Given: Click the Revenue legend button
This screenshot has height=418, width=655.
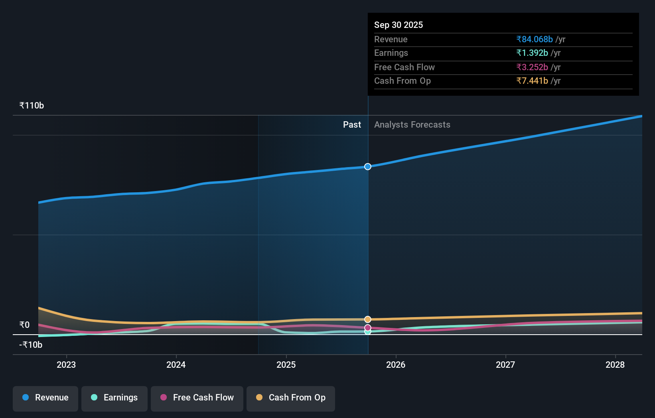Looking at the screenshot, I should (x=45, y=398).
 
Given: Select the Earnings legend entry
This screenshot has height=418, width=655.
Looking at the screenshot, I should (x=114, y=398).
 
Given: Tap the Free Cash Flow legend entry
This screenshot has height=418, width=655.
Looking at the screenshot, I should (x=197, y=398).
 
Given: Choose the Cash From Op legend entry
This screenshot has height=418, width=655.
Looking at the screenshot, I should (x=291, y=398).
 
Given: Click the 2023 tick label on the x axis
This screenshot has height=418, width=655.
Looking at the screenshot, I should (x=66, y=365).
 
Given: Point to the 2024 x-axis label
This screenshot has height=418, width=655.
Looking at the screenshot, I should (x=176, y=365).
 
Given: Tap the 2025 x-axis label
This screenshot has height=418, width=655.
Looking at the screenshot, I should (x=286, y=365).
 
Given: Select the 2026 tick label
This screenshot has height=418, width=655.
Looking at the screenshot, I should (x=396, y=365).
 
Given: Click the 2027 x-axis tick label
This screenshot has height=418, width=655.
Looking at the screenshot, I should (x=505, y=365).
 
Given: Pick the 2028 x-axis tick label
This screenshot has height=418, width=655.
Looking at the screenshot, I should (x=615, y=365).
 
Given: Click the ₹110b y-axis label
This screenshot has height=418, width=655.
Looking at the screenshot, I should (x=32, y=106).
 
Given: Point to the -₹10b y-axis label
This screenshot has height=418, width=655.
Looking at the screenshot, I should (x=31, y=345).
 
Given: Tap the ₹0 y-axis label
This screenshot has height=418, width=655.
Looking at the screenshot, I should (x=24, y=325).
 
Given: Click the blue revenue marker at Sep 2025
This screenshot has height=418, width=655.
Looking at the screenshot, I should (x=368, y=167).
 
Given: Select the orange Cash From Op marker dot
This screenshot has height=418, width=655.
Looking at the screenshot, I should (x=368, y=319).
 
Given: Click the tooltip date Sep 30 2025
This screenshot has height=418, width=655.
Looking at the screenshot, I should (x=399, y=25).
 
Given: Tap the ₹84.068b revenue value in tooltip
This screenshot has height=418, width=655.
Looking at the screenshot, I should (x=535, y=39).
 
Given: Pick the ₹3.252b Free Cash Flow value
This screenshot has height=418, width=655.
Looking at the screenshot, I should (x=532, y=67).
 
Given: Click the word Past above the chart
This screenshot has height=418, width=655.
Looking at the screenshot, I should (x=352, y=125).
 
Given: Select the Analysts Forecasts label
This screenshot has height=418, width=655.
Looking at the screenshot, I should (x=412, y=125).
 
